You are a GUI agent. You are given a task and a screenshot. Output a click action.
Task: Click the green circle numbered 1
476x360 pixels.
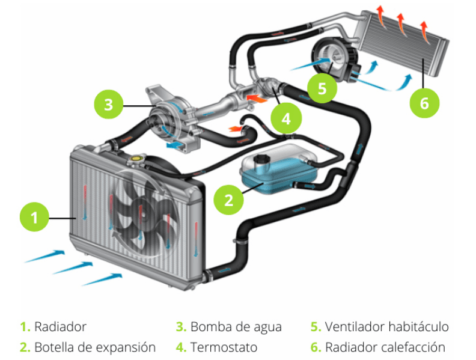click(35, 218)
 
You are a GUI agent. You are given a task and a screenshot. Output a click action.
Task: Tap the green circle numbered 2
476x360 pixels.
click(229, 200)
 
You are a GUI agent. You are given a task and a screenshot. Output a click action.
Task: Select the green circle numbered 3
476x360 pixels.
click(108, 105)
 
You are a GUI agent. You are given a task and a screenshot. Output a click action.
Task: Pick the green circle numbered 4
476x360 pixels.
click(286, 119)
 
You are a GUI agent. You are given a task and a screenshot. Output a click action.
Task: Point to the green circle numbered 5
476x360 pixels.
click(322, 89)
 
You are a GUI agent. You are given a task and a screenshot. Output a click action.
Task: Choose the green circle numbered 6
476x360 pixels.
click(425, 103)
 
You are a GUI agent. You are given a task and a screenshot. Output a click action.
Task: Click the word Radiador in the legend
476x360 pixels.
click(60, 327)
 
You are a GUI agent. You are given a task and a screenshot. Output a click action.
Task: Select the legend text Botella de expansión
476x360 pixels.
click(95, 347)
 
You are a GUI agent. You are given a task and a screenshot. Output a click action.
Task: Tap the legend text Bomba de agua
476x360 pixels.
click(236, 327)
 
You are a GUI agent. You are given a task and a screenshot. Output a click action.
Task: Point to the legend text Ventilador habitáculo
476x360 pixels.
click(386, 327)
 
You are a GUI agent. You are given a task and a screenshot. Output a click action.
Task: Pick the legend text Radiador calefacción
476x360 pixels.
click(385, 347)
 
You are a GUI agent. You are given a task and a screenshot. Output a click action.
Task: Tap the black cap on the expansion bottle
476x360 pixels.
click(261, 160)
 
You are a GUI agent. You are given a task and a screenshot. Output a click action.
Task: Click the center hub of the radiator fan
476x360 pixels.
click(141, 210)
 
